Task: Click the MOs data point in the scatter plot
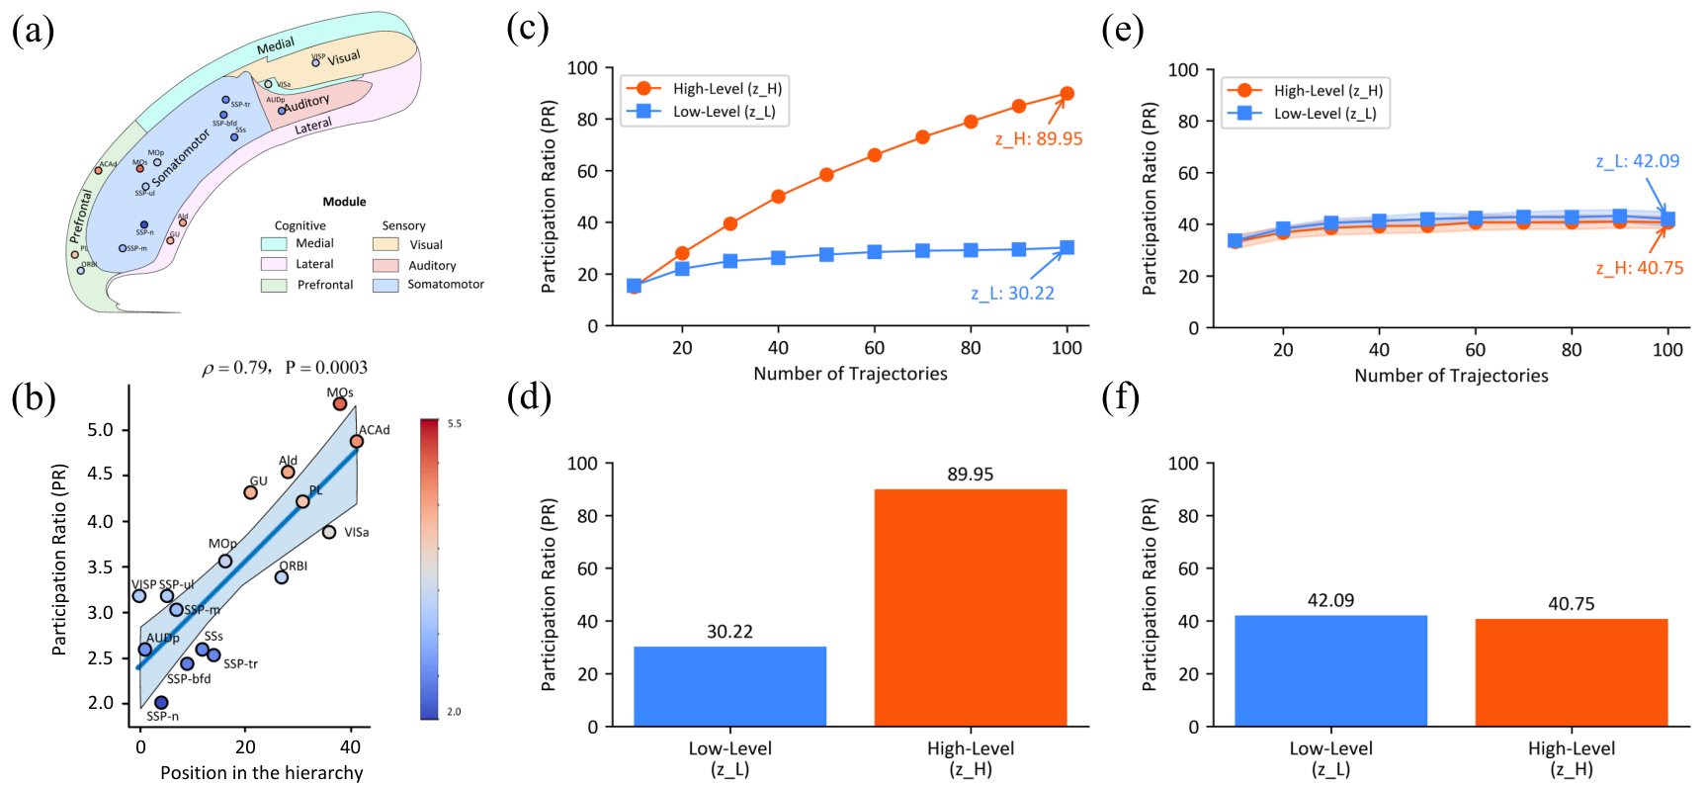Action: (x=340, y=403)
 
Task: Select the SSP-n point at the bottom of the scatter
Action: (x=161, y=703)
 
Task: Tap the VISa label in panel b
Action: (x=357, y=533)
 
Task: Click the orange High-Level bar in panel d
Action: (x=970, y=607)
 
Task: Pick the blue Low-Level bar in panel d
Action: (x=729, y=686)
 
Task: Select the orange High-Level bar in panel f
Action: (x=1571, y=672)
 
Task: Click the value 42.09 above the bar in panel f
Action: (x=1330, y=600)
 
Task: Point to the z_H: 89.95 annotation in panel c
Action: (x=1039, y=139)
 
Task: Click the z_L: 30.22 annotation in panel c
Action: (x=1012, y=294)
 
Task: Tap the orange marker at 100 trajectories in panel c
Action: (x=1066, y=94)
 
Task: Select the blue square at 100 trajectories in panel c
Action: (x=1066, y=248)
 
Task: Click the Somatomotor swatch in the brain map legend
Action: (x=385, y=285)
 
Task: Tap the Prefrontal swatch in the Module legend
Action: (x=274, y=285)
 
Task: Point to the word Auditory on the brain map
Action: (x=307, y=103)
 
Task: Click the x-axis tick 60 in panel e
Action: (x=1475, y=350)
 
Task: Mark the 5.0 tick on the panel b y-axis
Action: (x=101, y=430)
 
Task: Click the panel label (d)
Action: (x=529, y=397)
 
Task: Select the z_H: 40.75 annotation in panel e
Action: (x=1639, y=268)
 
